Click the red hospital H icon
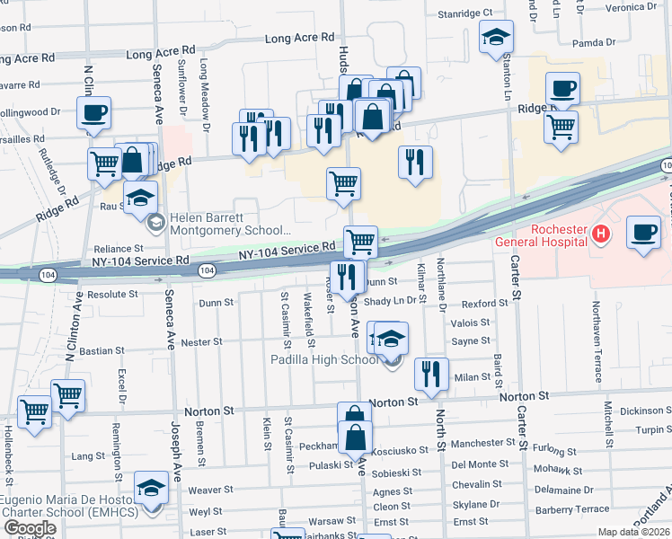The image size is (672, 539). tap(601, 236)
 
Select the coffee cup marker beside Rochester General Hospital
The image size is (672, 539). tap(643, 233)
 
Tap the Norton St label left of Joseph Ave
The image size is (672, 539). tap(208, 411)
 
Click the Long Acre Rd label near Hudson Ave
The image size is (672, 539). tap(299, 39)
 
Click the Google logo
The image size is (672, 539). tap(30, 528)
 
